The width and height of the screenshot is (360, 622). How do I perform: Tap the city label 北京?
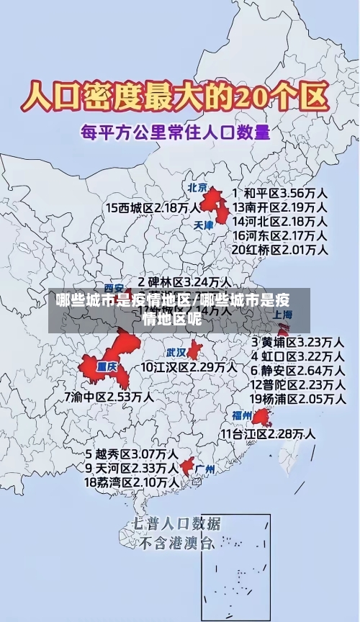tap(197, 187)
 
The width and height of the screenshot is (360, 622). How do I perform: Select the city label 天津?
tap(204, 225)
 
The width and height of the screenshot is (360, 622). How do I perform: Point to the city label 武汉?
tap(176, 353)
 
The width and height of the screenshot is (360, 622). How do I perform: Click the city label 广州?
tap(205, 469)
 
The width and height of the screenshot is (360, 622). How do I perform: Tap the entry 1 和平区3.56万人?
tap(280, 193)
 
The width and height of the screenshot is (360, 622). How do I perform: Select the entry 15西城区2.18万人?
tap(153, 207)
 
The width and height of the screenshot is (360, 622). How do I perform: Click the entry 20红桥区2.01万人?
tap(280, 250)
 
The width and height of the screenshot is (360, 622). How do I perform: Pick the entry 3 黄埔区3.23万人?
tap(297, 341)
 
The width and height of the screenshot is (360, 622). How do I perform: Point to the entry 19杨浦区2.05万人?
tap(297, 398)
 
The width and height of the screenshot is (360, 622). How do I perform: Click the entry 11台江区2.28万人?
tap(267, 433)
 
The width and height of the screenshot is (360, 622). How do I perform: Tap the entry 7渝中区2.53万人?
tap(109, 396)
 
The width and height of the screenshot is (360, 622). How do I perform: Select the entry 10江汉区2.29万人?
tap(189, 366)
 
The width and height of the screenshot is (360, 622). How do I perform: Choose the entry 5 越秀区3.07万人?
tap(132, 454)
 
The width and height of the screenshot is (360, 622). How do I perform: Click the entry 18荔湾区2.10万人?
tap(132, 482)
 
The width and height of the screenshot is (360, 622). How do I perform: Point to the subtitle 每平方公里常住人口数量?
tap(175, 132)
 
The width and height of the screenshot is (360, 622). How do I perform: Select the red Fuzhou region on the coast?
tap(261, 417)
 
